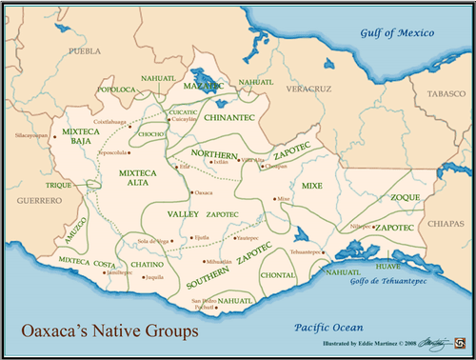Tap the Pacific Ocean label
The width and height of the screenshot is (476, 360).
[327, 325]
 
